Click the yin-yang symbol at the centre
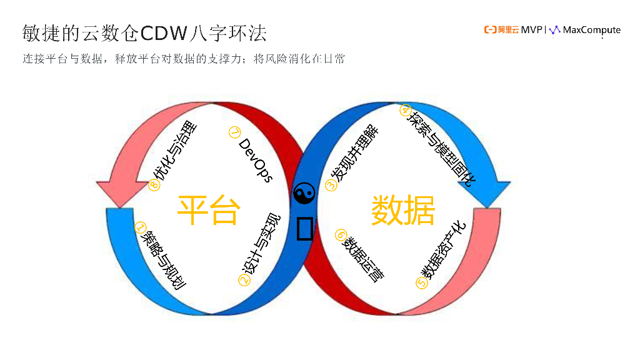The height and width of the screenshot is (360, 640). [x=304, y=194]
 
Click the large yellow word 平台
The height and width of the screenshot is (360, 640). [x=208, y=210]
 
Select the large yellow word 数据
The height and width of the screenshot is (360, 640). [x=403, y=210]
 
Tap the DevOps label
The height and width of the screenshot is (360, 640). [x=255, y=160]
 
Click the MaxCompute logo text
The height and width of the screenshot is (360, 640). [x=591, y=30]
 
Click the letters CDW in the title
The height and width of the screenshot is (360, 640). [x=167, y=32]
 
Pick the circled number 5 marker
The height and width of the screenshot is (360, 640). [x=421, y=282]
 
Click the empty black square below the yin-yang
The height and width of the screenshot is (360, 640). [x=304, y=228]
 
